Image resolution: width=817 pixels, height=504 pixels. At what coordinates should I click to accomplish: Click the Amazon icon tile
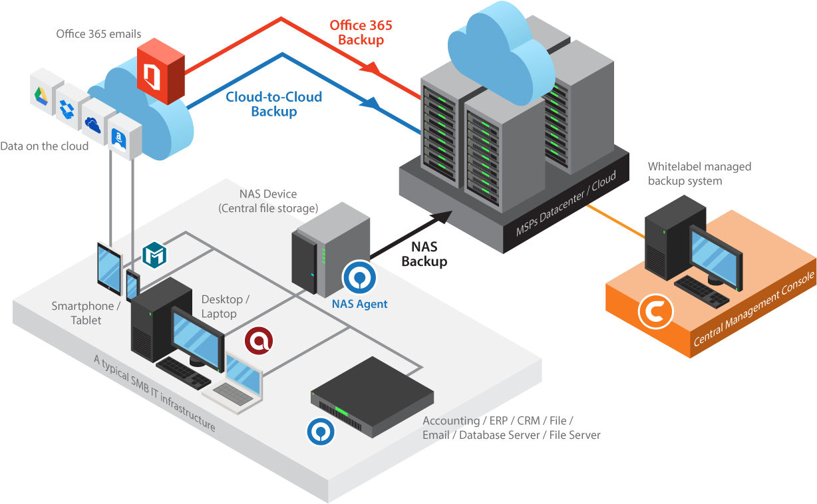120,137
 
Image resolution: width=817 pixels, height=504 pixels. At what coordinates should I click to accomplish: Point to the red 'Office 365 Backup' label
361,33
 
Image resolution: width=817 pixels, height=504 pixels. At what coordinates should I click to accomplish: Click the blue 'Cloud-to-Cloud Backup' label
273,104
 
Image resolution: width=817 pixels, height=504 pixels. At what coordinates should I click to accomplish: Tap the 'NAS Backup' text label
424,254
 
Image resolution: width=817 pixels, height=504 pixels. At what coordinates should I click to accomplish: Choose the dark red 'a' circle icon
259,341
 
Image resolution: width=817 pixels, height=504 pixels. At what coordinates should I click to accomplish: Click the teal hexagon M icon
155,255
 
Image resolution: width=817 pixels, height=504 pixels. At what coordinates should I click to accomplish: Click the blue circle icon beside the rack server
321,431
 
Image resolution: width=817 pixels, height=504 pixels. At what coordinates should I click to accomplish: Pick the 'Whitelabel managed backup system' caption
699,174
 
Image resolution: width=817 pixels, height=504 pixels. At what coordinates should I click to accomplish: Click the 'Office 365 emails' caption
98,33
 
